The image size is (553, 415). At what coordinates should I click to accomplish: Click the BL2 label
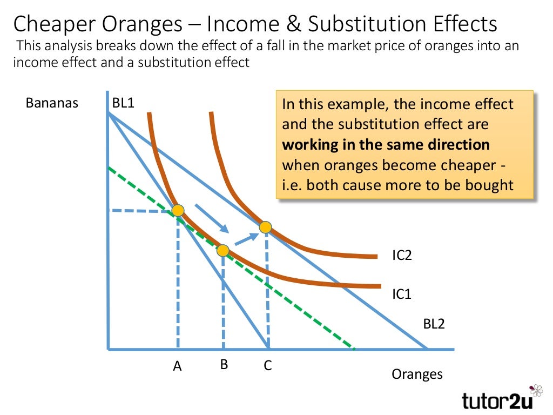click(x=434, y=325)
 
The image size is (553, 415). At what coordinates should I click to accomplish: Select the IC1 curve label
click(x=402, y=294)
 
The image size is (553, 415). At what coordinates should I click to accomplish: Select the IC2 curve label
click(x=402, y=255)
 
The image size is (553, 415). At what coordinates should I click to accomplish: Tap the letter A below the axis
click(x=177, y=366)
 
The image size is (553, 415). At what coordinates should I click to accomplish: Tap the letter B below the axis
click(x=224, y=365)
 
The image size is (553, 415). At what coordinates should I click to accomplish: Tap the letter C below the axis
click(x=267, y=366)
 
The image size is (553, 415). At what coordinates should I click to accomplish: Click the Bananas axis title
click(x=52, y=103)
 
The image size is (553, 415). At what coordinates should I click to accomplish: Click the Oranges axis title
click(x=417, y=374)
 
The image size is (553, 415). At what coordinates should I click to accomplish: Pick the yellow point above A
click(x=178, y=210)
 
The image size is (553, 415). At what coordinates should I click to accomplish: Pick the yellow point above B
click(x=223, y=250)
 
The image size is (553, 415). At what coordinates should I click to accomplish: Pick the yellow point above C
click(x=265, y=227)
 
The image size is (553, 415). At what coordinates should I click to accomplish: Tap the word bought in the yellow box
click(x=488, y=185)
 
